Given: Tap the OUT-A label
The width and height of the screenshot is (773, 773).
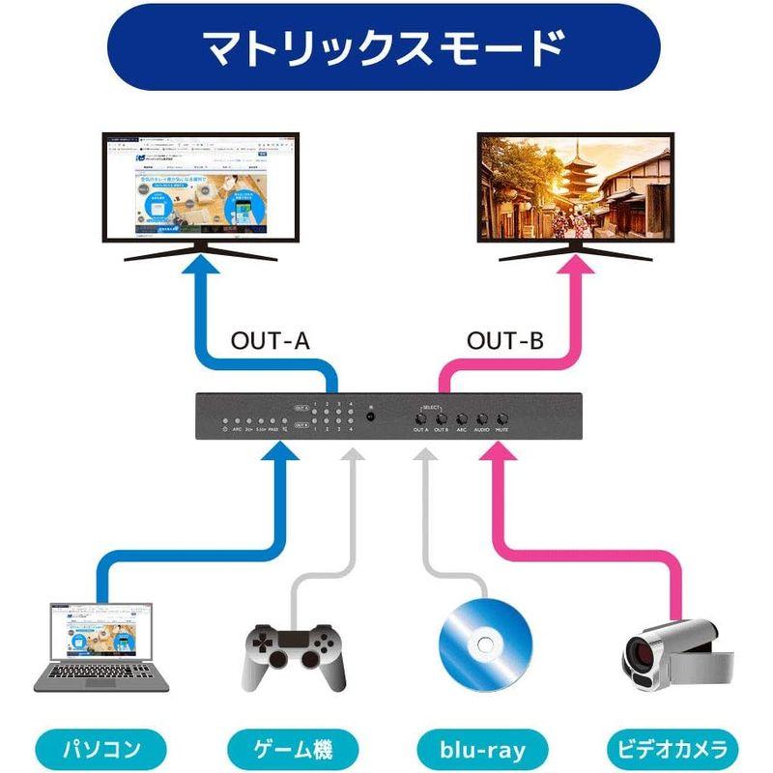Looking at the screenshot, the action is click(x=272, y=340).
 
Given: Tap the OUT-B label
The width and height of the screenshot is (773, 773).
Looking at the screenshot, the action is click(x=505, y=340).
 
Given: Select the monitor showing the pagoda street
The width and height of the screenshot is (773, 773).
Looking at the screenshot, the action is click(x=576, y=188).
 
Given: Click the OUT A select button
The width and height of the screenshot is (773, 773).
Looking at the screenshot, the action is click(x=421, y=419).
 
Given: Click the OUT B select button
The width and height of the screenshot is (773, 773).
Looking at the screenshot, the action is click(x=442, y=419).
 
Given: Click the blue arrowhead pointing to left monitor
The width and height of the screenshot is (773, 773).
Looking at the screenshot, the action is click(x=198, y=272).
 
